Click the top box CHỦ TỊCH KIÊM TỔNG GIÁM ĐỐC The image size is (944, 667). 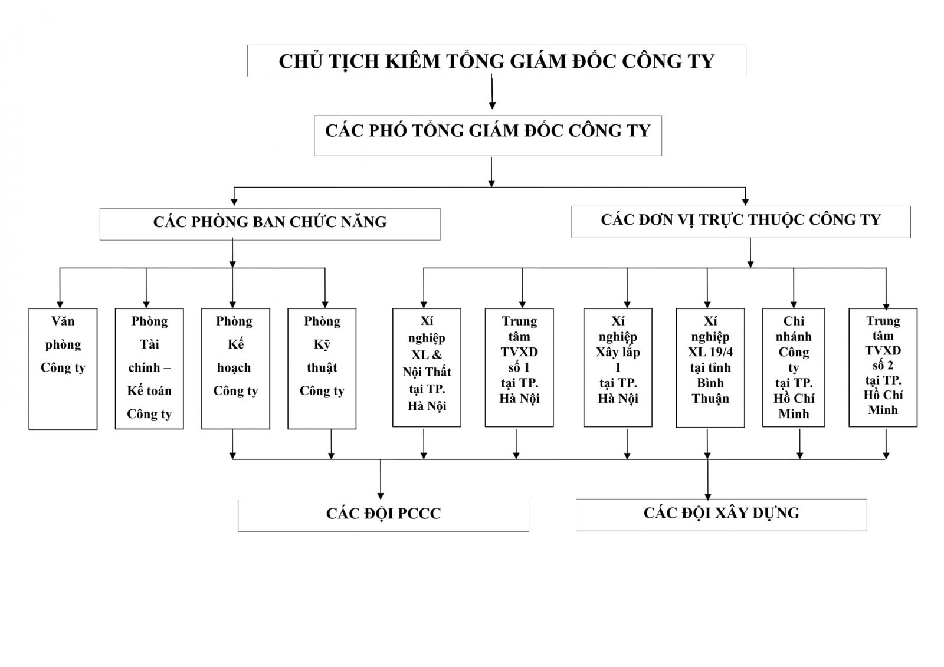pyautogui.click(x=496, y=61)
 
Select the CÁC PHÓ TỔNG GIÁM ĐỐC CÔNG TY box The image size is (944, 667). pyautogui.click(x=487, y=136)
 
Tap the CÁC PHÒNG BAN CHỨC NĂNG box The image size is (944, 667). pyautogui.click(x=270, y=224)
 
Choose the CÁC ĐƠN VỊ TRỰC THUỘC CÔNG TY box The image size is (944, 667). pyautogui.click(x=740, y=222)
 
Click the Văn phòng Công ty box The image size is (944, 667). pyautogui.click(x=63, y=369)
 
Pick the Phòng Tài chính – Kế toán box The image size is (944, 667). pyautogui.click(x=149, y=369)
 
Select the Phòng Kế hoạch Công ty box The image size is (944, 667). pyautogui.click(x=235, y=369)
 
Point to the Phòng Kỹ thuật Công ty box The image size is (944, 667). pyautogui.click(x=322, y=369)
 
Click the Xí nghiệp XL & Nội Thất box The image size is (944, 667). pyautogui.click(x=427, y=367)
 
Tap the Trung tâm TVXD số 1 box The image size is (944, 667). pyautogui.click(x=519, y=367)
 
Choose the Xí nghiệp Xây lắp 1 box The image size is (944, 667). pyautogui.click(x=618, y=367)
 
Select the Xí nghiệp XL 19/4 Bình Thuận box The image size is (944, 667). pyautogui.click(x=710, y=367)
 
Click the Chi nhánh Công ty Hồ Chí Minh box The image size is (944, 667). pyautogui.click(x=794, y=367)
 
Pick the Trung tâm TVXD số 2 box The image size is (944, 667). pyautogui.click(x=883, y=367)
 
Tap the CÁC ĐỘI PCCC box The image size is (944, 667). pyautogui.click(x=383, y=515)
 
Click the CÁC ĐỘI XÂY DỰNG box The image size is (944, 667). pyautogui.click(x=721, y=514)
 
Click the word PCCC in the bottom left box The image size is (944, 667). pyautogui.click(x=419, y=514)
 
